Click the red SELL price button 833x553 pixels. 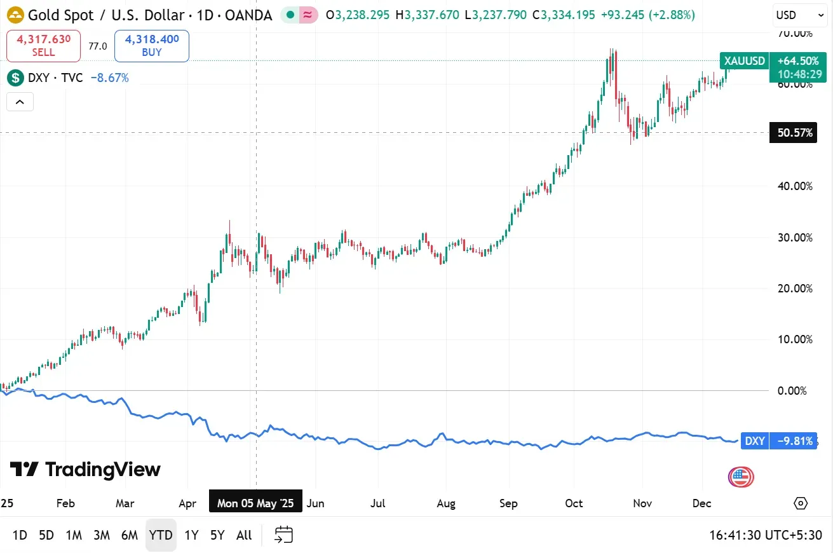click(x=44, y=46)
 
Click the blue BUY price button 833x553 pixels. click(x=152, y=46)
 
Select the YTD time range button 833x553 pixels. click(x=161, y=535)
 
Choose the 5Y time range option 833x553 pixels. click(x=217, y=535)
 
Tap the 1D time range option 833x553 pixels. click(x=20, y=535)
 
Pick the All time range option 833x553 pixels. click(x=244, y=535)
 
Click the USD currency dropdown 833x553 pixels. click(x=795, y=15)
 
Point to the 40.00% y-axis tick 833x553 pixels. click(x=795, y=186)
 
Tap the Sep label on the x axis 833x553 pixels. click(x=508, y=503)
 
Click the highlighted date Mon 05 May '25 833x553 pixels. click(x=255, y=503)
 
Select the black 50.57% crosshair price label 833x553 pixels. click(x=793, y=133)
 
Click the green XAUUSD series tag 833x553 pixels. click(x=744, y=61)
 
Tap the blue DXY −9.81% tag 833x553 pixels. click(x=779, y=441)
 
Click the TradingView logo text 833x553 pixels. click(x=85, y=470)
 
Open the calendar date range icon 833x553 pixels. click(x=283, y=535)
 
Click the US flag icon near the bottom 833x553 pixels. click(x=741, y=477)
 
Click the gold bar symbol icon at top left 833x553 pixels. click(x=15, y=15)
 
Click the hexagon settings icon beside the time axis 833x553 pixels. click(x=801, y=503)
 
